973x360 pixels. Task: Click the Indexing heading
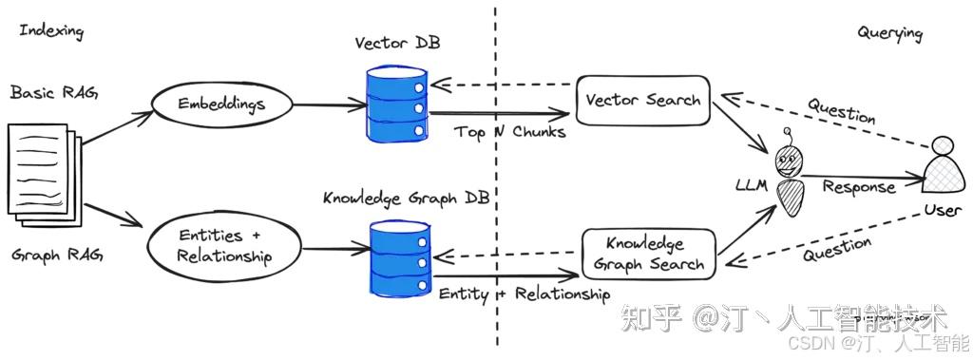[51, 31]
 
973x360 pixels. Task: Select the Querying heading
[889, 33]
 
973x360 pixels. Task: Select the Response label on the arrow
[858, 187]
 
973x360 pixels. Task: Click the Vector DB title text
[397, 44]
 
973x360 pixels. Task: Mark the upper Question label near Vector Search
[841, 110]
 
